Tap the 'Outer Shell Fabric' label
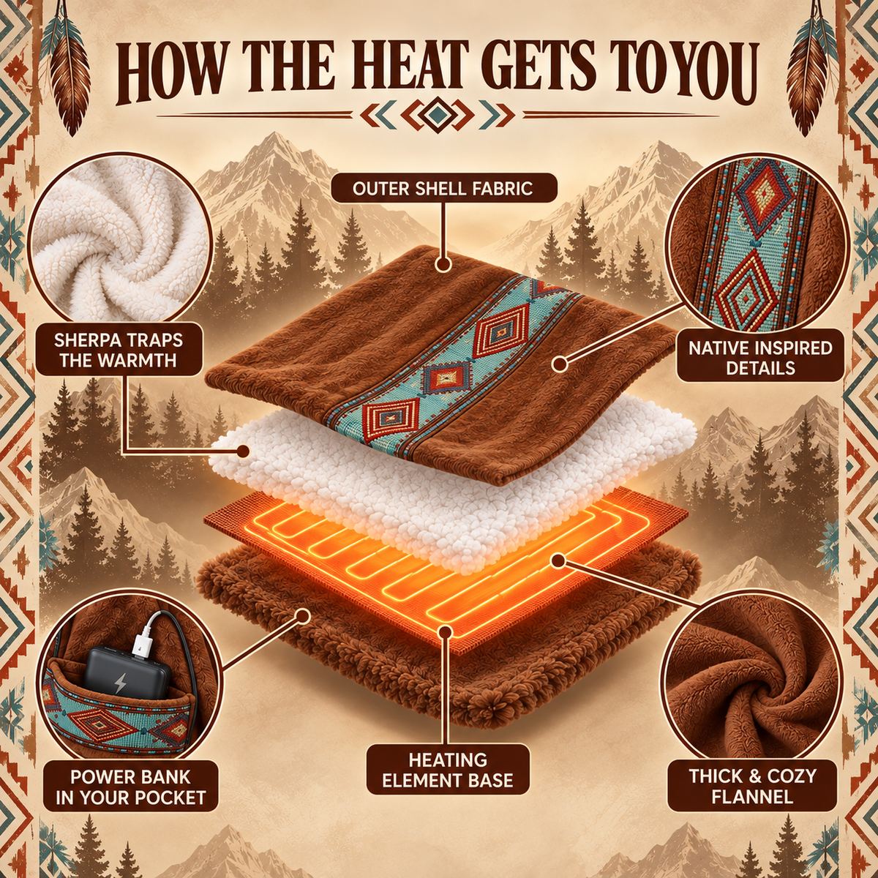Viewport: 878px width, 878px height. tap(443, 188)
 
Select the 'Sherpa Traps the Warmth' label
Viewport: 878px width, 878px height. tap(119, 350)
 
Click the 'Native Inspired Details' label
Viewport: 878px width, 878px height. tap(760, 357)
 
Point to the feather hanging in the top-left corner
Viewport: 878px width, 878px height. tap(70, 68)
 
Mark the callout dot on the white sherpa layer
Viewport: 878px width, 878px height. tap(244, 451)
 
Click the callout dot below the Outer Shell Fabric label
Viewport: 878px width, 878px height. tap(443, 264)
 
